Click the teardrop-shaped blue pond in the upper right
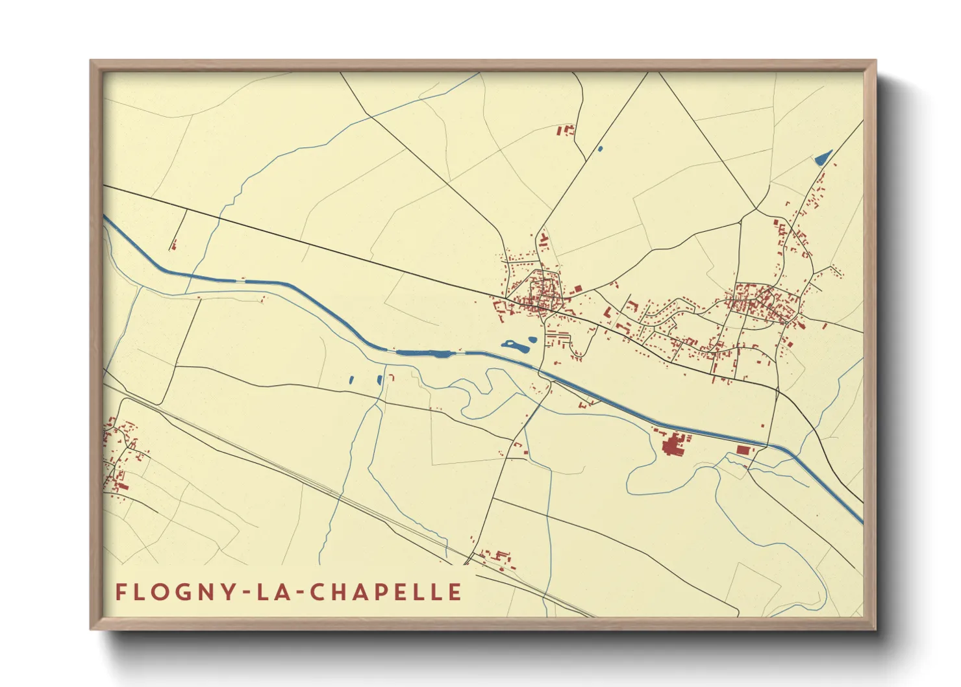coord(823,157)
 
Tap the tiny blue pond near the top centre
coord(600,149)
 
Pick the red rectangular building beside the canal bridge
coord(743,449)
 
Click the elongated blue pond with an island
coord(514,345)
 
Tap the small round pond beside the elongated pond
coord(532,339)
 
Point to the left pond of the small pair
coord(351,380)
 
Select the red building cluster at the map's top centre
coord(566,130)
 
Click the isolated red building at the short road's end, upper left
coord(173,245)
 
